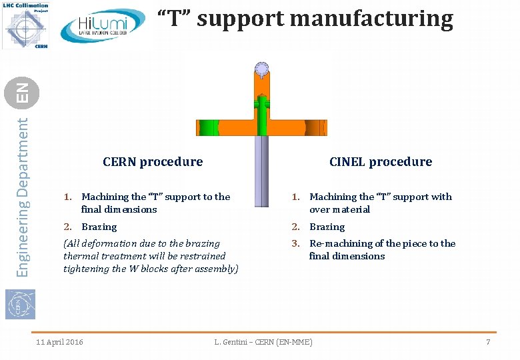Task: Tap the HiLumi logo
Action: (x=103, y=27)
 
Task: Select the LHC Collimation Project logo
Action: (x=25, y=25)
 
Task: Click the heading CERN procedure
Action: (x=153, y=161)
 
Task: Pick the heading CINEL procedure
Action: (x=381, y=161)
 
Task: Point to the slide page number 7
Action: (x=488, y=342)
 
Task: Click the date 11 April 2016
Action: (x=59, y=342)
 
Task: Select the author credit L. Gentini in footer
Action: (x=263, y=342)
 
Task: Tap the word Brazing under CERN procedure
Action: (x=99, y=227)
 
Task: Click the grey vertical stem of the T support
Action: (x=261, y=173)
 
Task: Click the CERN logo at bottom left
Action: (x=20, y=303)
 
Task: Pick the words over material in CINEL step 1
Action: (x=339, y=209)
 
